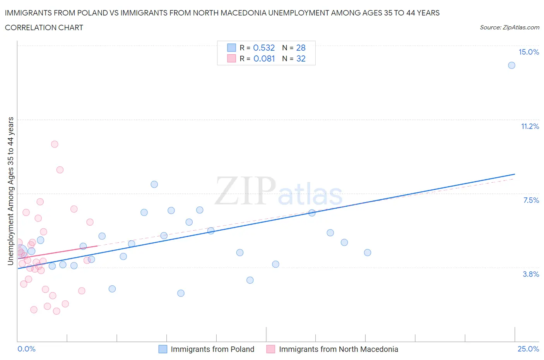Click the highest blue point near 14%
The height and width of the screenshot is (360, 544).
[511, 65]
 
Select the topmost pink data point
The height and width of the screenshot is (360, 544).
[55, 144]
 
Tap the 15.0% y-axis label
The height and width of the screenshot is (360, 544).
[529, 52]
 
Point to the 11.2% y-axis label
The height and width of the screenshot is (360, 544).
[530, 126]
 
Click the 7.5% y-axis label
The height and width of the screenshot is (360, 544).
[531, 200]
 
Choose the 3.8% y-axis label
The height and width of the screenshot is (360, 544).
[531, 274]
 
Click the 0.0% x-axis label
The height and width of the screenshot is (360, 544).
[26, 349]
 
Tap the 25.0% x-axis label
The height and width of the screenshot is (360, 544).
[528, 349]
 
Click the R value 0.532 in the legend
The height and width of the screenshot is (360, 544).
[264, 48]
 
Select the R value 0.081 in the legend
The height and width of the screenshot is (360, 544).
[264, 58]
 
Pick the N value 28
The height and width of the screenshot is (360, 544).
[301, 48]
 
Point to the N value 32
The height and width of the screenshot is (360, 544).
[301, 58]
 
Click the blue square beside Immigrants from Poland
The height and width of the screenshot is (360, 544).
[163, 349]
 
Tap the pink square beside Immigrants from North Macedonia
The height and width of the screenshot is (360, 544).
[271, 349]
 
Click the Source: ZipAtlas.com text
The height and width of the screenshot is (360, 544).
[509, 27]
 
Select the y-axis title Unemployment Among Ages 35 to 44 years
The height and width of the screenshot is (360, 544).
[10, 191]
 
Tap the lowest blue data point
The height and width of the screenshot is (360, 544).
[181, 293]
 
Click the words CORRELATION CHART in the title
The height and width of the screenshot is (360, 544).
[44, 27]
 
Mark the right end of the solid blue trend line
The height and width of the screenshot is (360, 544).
[515, 174]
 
